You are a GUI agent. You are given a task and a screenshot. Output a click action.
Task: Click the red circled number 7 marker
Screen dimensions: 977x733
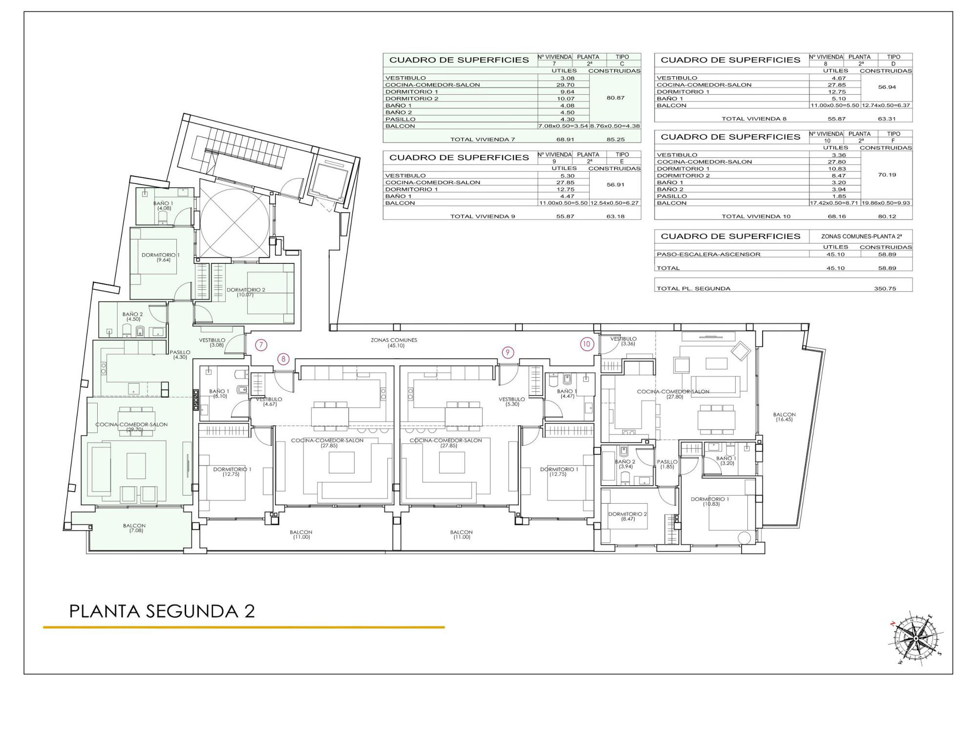point(261,345)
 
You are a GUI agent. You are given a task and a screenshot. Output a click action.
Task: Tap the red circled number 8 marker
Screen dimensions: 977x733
point(283,359)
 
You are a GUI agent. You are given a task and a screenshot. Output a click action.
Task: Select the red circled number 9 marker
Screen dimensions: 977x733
point(508,352)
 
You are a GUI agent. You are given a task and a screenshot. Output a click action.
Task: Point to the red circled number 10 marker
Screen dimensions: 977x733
point(586,344)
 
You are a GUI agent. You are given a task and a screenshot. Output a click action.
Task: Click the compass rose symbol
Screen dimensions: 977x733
point(916,639)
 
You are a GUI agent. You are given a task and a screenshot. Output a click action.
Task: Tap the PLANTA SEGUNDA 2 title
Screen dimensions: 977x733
point(162,611)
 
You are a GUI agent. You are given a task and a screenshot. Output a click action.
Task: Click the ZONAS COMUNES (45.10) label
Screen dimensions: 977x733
point(394,343)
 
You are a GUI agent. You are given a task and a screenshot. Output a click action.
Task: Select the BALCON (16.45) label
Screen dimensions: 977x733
point(784,417)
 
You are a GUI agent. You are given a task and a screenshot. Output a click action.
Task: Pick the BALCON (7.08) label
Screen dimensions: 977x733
point(134,528)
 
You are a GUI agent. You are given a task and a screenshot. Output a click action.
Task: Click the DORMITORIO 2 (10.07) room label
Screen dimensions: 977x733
point(246,292)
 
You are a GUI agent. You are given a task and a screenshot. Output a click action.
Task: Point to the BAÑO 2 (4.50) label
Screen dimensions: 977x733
point(132,317)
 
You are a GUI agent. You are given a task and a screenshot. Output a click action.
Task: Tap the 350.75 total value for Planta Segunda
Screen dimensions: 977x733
point(885,288)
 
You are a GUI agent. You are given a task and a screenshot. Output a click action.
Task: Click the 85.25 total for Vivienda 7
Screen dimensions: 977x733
point(616,139)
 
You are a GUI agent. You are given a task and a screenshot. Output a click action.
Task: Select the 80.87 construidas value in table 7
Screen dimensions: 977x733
point(616,98)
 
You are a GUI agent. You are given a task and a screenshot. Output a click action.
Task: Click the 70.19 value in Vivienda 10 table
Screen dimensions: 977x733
point(887,174)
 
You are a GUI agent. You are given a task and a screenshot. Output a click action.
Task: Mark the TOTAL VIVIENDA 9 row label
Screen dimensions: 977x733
point(483,216)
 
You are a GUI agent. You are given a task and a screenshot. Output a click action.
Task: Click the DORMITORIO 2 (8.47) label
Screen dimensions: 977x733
point(627,517)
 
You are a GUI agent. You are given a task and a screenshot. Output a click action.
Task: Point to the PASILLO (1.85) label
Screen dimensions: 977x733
point(667,464)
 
